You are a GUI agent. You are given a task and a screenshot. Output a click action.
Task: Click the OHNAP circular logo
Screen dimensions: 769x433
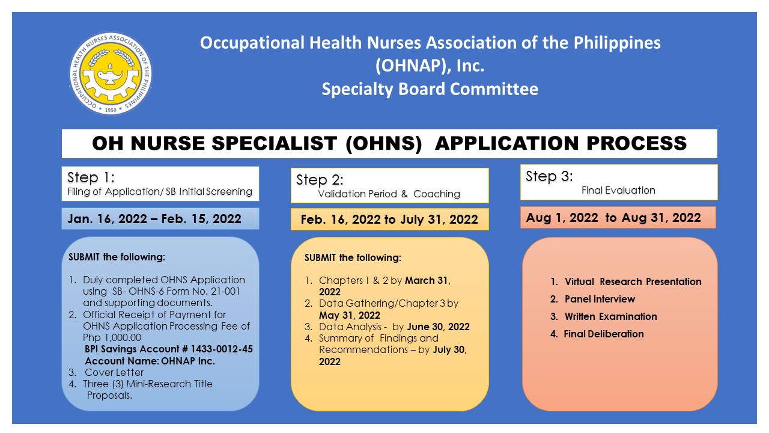(111, 73)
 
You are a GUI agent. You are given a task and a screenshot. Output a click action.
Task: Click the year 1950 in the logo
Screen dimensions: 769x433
(111, 110)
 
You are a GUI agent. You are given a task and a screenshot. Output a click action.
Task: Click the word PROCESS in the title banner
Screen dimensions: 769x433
(636, 143)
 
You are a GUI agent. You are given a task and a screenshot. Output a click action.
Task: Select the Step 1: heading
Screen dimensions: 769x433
(91, 177)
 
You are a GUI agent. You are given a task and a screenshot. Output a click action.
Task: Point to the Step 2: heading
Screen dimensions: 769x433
(320, 180)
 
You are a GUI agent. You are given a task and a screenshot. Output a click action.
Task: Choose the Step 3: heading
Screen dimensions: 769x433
(549, 176)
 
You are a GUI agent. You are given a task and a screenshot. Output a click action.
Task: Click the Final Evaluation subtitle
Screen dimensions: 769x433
(618, 191)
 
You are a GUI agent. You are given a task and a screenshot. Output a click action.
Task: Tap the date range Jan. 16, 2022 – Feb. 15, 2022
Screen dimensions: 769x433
(154, 219)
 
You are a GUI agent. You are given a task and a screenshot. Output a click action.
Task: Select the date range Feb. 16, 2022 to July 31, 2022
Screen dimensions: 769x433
(389, 220)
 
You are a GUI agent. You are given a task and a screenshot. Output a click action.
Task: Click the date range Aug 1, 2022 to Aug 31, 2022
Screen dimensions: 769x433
(613, 218)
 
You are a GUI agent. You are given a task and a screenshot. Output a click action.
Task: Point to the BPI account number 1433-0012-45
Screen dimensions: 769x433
(222, 349)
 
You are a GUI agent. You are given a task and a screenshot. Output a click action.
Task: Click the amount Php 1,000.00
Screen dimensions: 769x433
(112, 338)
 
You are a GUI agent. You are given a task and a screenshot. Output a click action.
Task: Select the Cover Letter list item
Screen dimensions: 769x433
(114, 372)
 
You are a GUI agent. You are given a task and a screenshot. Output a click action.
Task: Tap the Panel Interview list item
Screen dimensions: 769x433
(600, 299)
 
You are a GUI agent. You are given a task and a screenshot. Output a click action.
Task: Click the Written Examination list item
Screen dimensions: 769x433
(611, 316)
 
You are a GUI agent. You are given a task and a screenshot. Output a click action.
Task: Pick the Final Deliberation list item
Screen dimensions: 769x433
(604, 334)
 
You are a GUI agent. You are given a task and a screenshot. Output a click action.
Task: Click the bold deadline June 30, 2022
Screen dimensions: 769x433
(438, 327)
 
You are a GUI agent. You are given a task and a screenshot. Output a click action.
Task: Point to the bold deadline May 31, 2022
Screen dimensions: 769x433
(350, 316)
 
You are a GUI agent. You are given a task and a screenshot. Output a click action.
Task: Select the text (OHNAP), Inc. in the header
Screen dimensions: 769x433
(430, 66)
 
